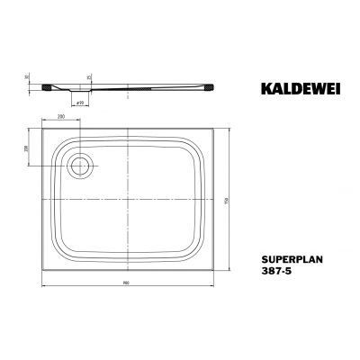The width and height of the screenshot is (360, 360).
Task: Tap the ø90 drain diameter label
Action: tap(78, 104)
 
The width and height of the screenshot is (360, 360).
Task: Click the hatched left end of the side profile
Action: tap(46, 85)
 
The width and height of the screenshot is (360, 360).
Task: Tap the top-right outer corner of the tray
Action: tap(216, 127)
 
